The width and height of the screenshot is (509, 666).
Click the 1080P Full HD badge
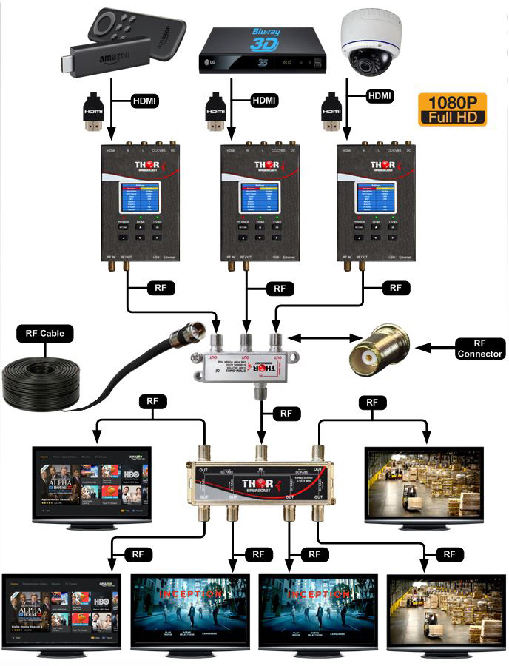point(451,109)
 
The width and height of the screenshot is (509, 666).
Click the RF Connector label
point(478,348)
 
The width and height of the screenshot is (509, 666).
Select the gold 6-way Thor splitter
point(260,477)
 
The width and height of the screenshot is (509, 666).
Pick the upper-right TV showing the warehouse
point(424,485)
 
